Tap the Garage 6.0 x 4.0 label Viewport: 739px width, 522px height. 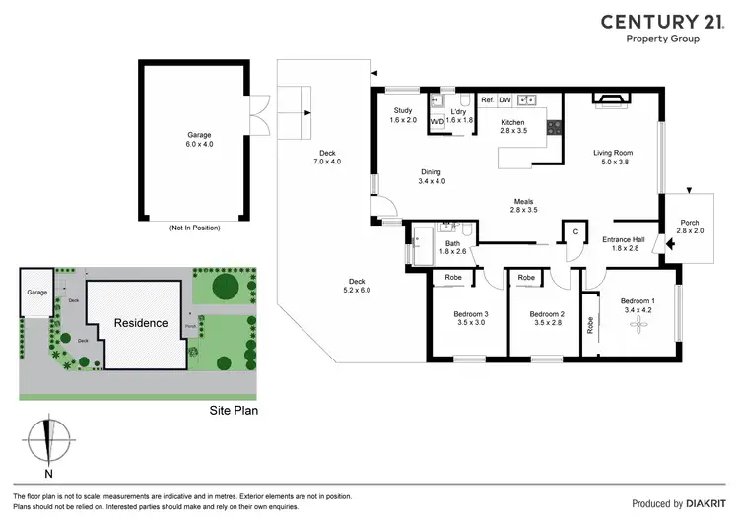[x=200, y=139]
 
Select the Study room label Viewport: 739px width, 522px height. [x=403, y=115]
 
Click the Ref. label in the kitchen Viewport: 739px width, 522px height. [x=487, y=99]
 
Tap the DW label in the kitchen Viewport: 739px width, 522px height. [x=504, y=99]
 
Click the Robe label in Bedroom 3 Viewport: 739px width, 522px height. [x=453, y=279]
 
